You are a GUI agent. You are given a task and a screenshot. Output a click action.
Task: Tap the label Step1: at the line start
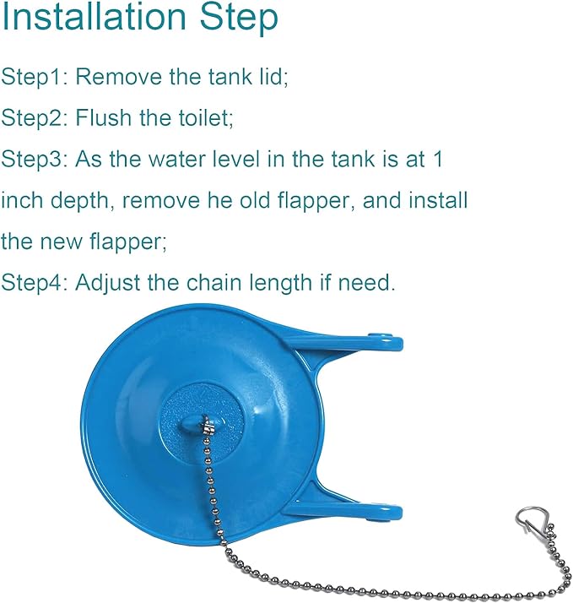(35, 77)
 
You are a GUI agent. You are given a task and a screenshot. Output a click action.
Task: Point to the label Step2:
(35, 117)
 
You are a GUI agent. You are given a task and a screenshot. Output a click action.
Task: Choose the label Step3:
(35, 159)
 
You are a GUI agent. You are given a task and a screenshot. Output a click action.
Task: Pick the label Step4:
(35, 283)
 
